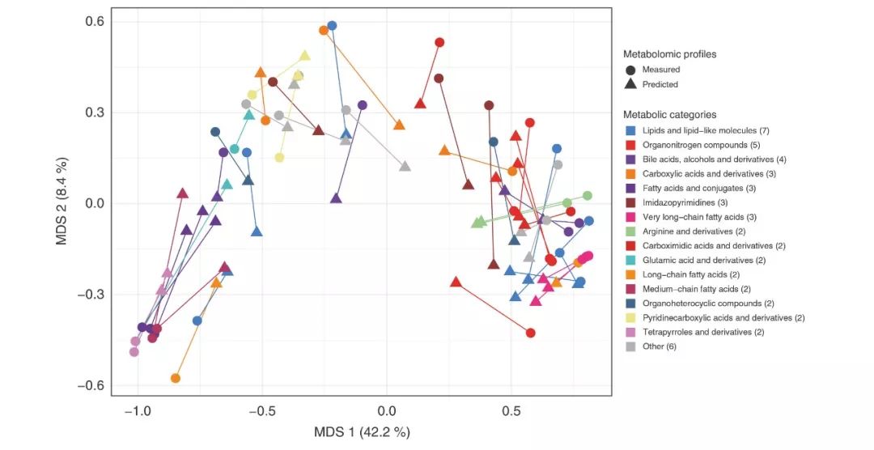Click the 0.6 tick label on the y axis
[x=95, y=21]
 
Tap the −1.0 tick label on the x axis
[x=137, y=411]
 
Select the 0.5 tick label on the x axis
[x=511, y=411]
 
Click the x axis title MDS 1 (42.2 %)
[x=362, y=431]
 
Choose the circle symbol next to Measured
[x=630, y=70]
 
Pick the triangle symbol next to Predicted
[x=630, y=84]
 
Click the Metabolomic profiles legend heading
[x=669, y=54]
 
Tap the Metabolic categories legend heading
[x=669, y=115]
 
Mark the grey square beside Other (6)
[x=630, y=346]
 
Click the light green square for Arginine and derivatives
[x=630, y=231]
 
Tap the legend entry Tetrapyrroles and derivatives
[x=696, y=332]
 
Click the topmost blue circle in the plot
[x=332, y=26]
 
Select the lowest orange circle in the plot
[x=176, y=378]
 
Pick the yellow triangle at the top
[x=305, y=56]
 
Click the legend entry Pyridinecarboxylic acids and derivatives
[x=715, y=317]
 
